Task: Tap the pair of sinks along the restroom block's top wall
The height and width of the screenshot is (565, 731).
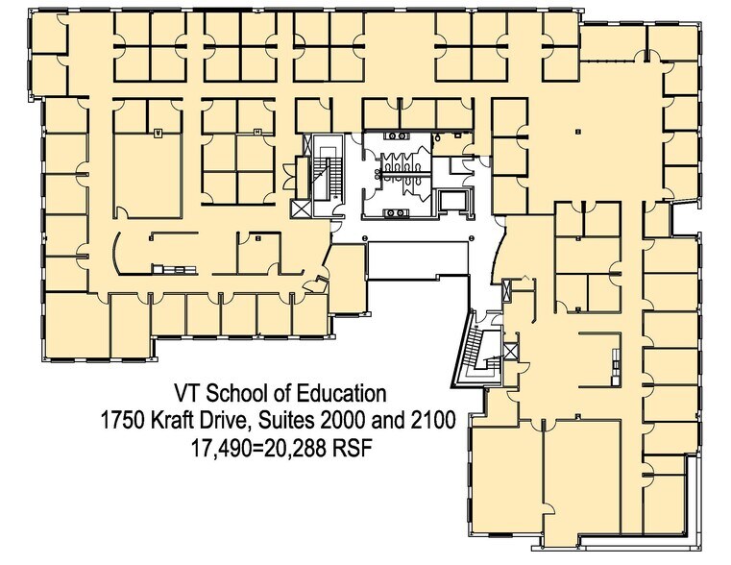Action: [x=397, y=137]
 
